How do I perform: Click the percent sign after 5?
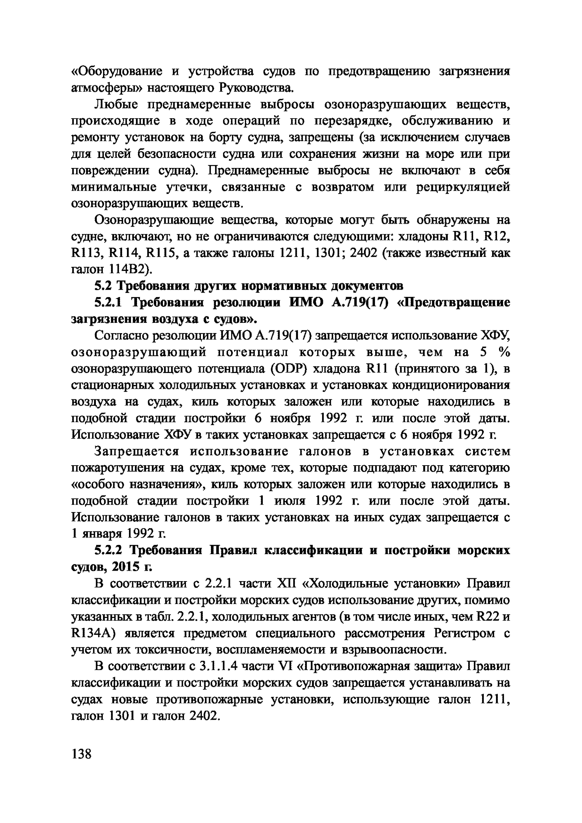[x=504, y=352]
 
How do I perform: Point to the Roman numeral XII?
[x=286, y=584]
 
